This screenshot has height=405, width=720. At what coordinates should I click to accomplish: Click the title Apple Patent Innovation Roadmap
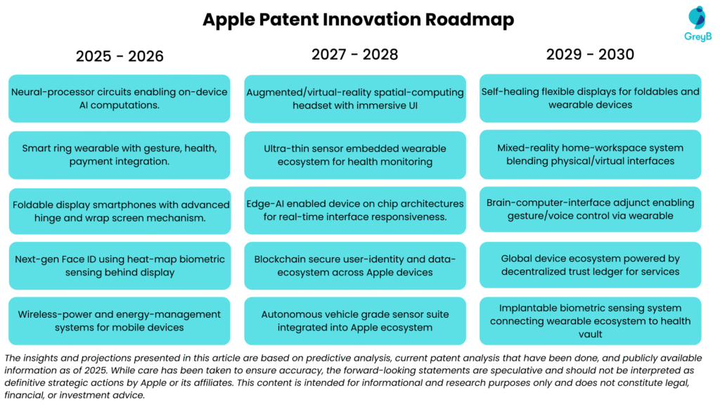(x=359, y=20)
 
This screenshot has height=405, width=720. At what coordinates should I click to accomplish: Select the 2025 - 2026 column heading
(x=120, y=56)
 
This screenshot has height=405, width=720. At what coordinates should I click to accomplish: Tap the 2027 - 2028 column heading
(x=355, y=54)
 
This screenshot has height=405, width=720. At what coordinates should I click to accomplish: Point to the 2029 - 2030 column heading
(x=591, y=54)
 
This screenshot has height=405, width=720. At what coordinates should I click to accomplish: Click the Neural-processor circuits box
(x=120, y=98)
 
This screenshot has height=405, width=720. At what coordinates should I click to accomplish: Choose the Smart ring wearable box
(x=120, y=155)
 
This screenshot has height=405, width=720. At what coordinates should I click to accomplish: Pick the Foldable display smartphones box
(x=120, y=211)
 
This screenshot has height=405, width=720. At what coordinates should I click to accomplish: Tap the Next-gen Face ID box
(x=120, y=266)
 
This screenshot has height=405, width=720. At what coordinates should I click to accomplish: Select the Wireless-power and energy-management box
(x=120, y=321)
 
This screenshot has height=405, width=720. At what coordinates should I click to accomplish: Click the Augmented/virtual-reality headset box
(x=355, y=98)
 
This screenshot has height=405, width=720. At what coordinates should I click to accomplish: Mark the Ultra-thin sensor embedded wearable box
(x=355, y=155)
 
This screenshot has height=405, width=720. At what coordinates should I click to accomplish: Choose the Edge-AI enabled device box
(x=355, y=210)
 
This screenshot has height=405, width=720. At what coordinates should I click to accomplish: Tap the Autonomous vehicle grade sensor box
(x=355, y=321)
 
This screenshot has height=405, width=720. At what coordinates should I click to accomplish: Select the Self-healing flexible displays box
(x=591, y=98)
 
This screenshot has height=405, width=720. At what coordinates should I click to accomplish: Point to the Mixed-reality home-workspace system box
(x=591, y=154)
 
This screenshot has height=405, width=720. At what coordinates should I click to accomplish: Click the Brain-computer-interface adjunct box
(x=591, y=209)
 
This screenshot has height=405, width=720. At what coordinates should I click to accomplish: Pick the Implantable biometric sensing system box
(x=591, y=321)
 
